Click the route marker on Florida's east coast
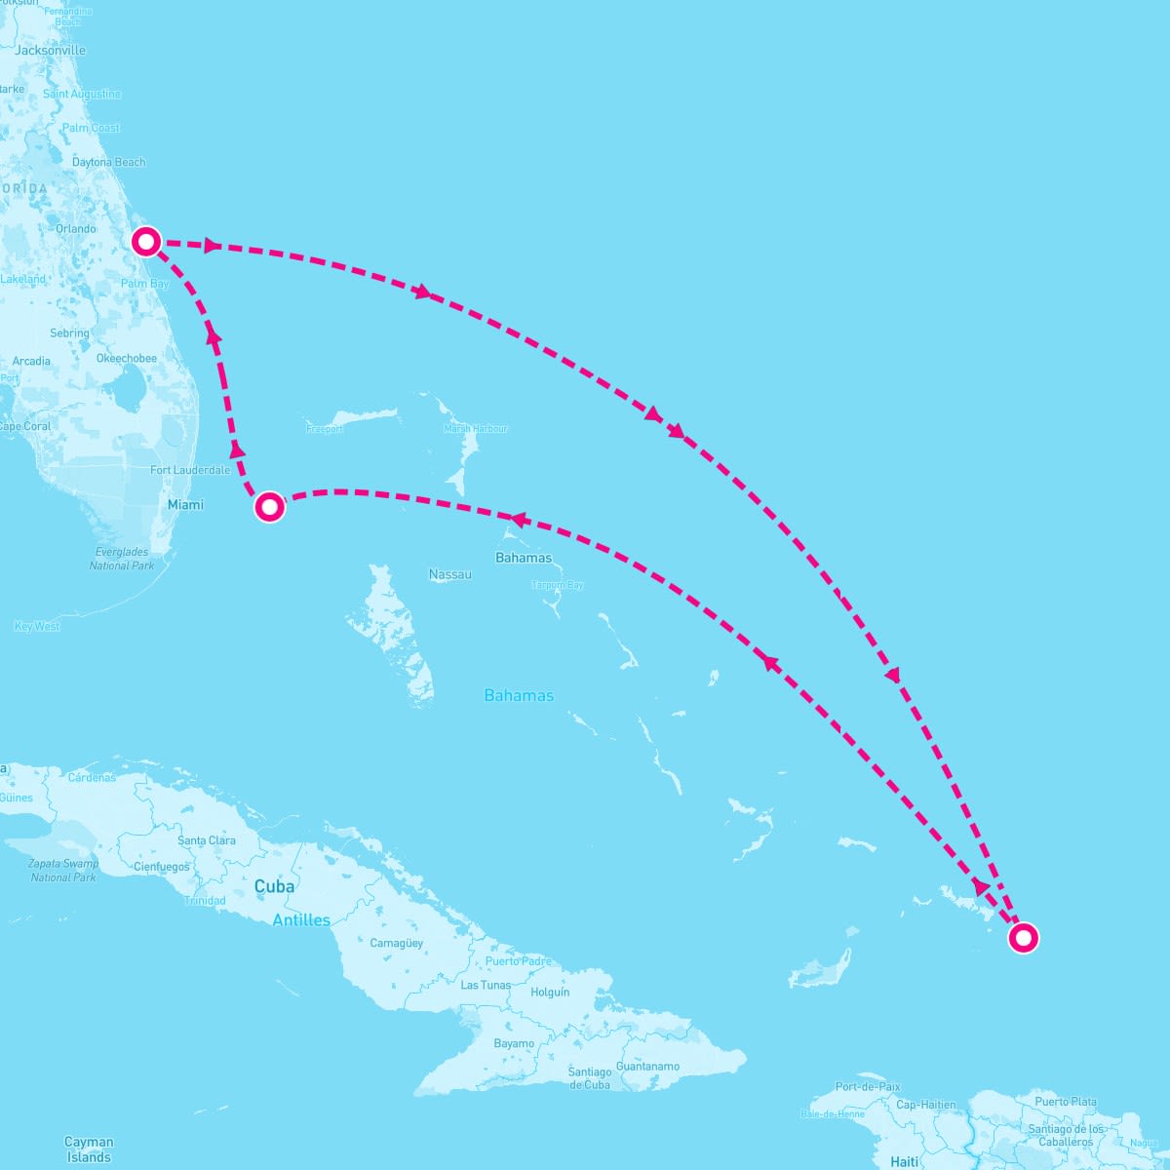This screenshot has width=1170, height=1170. point(145,241)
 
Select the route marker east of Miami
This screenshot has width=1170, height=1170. point(269,507)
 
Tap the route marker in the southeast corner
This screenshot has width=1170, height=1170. point(1023,938)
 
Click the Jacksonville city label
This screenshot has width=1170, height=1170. point(51,51)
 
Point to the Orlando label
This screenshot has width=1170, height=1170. point(76,229)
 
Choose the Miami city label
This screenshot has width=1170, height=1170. point(185,505)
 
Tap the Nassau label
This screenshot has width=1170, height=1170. point(450,575)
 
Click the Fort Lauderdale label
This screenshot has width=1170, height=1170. point(190,470)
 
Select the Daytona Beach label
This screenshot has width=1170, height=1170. point(108,162)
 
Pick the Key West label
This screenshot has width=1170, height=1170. point(37,627)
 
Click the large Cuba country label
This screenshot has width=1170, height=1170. point(274,887)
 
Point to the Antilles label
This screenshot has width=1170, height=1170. point(301,920)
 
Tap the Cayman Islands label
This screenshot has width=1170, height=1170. point(89,1150)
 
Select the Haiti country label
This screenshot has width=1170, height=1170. point(905,1161)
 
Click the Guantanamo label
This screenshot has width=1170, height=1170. point(647,1067)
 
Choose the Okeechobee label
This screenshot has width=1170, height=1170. point(127,359)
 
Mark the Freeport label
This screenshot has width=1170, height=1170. point(325,429)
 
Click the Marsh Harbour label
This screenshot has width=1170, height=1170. point(476,429)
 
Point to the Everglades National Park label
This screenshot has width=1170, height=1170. point(122,559)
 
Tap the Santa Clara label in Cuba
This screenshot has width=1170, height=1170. point(207,840)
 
